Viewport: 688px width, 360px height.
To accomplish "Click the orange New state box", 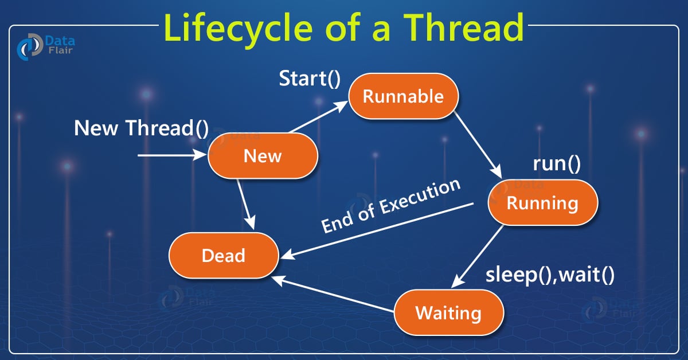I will pos(263,155).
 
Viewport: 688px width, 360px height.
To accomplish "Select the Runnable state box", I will pos(403,96).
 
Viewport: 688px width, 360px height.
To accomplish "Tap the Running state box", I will pos(542,202).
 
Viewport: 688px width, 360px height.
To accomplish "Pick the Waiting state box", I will pos(448,313).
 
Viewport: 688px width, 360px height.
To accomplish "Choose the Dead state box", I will pos(224,255).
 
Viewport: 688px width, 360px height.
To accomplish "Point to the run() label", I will pos(556,164).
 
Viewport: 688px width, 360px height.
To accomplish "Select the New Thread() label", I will pos(142,128).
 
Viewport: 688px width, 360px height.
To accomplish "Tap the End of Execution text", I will pos(391,206).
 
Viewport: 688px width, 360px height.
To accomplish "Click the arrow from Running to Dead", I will pos(378,230).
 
